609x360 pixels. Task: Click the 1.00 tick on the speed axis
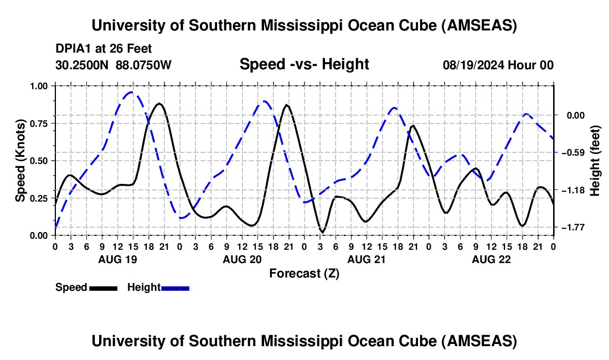pyautogui.click(x=39, y=86)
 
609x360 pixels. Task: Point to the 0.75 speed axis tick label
pyautogui.click(x=39, y=124)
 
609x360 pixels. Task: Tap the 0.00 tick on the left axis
pyautogui.click(x=39, y=235)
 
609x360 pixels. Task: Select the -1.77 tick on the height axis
pyautogui.click(x=571, y=228)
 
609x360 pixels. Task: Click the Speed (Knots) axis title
pyautogui.click(x=20, y=161)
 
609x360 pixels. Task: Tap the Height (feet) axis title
pyautogui.click(x=595, y=161)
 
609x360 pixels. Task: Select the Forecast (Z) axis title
pyautogui.click(x=304, y=273)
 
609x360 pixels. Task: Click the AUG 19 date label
pyautogui.click(x=117, y=259)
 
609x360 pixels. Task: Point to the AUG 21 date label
pyautogui.click(x=367, y=259)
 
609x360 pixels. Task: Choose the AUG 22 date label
pyautogui.click(x=491, y=259)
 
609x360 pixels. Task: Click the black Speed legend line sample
pyautogui.click(x=103, y=287)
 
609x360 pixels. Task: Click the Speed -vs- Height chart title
pyautogui.click(x=304, y=65)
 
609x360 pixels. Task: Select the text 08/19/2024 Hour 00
pyautogui.click(x=498, y=65)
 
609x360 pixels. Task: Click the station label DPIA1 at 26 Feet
pyautogui.click(x=104, y=49)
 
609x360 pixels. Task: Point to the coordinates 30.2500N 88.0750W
pyautogui.click(x=113, y=65)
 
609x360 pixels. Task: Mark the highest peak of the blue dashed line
pyautogui.click(x=131, y=92)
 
